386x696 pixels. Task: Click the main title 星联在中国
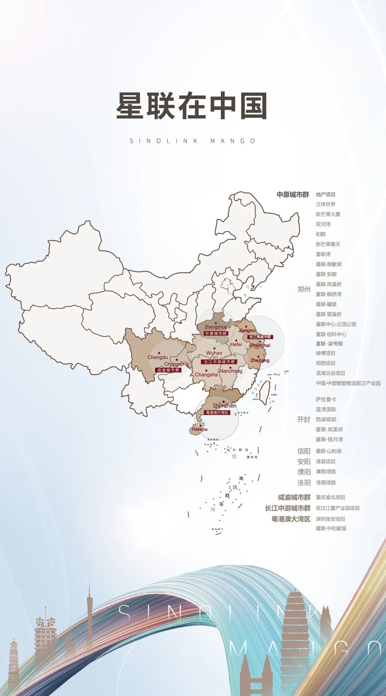click(x=192, y=106)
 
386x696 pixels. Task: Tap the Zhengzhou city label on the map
click(x=216, y=327)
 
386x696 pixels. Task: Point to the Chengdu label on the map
click(x=158, y=357)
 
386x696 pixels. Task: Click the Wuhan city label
click(x=214, y=353)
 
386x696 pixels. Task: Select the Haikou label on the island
click(x=199, y=429)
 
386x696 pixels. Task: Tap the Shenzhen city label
click(x=224, y=406)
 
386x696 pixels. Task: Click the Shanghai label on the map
click(x=260, y=346)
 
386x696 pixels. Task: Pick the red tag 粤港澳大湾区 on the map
click(x=217, y=413)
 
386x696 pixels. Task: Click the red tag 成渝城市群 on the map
click(x=168, y=370)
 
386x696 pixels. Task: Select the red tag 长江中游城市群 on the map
click(x=218, y=362)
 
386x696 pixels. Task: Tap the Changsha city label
click(x=206, y=375)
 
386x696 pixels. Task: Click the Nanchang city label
click(x=231, y=371)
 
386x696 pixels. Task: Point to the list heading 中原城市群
click(x=293, y=195)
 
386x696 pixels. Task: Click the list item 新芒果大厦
click(x=328, y=214)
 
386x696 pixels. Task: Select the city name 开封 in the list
click(x=303, y=419)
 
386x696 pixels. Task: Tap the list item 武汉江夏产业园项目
click(x=337, y=508)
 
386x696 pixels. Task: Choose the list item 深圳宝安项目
click(x=330, y=519)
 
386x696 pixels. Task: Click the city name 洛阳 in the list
click(x=304, y=483)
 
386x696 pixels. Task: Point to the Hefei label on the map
click(x=236, y=344)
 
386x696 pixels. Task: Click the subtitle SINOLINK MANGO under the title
click(x=193, y=141)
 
